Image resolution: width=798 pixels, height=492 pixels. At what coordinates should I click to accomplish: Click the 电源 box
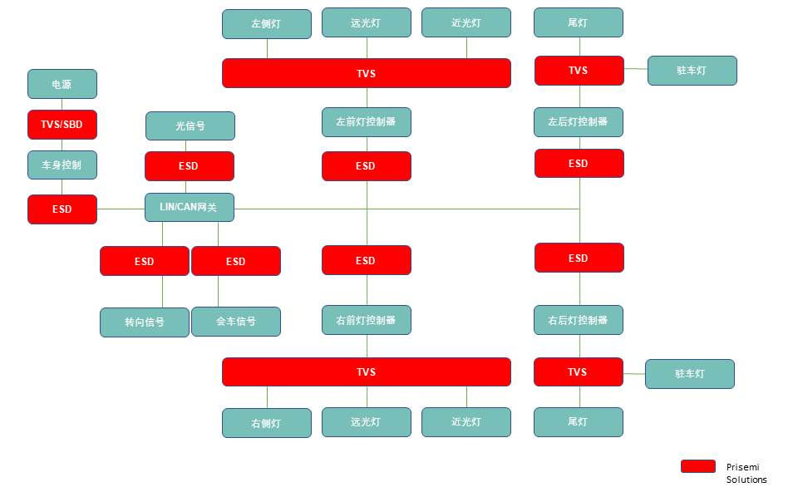(62, 84)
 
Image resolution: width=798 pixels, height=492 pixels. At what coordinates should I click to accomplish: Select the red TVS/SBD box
(62, 125)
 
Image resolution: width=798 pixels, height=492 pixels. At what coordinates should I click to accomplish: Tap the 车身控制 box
(62, 165)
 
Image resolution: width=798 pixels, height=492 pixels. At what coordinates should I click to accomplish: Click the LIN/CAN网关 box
(190, 207)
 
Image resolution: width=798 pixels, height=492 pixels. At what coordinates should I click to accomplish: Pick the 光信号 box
(190, 126)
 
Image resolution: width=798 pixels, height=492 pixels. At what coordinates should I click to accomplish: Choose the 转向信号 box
(145, 322)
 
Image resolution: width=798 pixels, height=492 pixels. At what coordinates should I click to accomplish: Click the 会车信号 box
(236, 321)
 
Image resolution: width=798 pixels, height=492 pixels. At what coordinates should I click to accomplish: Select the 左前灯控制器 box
(367, 121)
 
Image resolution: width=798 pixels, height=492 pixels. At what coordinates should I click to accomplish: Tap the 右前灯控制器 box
(367, 319)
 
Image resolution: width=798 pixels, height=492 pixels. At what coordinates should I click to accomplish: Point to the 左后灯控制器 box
(579, 121)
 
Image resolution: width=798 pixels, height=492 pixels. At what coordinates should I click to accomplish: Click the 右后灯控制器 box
(579, 319)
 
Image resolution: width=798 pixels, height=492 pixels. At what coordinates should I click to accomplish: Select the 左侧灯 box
(267, 24)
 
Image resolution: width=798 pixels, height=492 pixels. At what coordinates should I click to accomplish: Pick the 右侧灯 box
(267, 423)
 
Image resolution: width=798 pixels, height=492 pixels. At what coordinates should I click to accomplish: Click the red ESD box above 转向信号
(145, 261)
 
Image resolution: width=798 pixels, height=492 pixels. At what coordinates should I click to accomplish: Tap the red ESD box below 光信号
(190, 166)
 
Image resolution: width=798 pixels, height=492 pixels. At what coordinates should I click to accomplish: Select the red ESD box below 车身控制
(62, 209)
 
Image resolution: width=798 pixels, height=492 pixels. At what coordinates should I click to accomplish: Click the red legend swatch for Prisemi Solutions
(698, 466)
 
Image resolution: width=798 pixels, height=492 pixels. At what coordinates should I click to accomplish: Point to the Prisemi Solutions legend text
(746, 473)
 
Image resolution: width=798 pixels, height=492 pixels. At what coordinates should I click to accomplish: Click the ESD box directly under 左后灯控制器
(579, 164)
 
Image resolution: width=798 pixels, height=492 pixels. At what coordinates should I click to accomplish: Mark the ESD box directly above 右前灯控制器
(367, 260)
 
